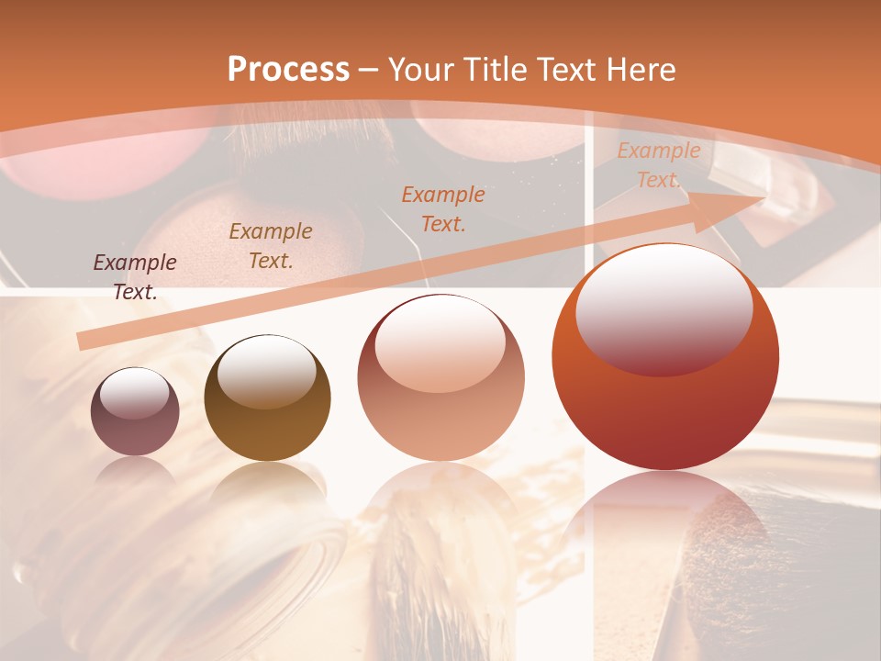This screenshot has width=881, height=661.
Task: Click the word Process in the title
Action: click(x=288, y=70)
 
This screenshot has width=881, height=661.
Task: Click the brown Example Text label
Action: click(x=271, y=246)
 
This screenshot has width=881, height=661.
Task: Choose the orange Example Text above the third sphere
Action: click(x=443, y=209)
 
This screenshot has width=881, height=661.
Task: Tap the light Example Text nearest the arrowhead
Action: click(x=658, y=165)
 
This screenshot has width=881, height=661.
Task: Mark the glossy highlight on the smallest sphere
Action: click(x=134, y=393)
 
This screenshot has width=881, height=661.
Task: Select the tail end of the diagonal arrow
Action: click(x=84, y=341)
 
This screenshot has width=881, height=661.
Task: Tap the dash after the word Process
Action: click(x=369, y=70)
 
